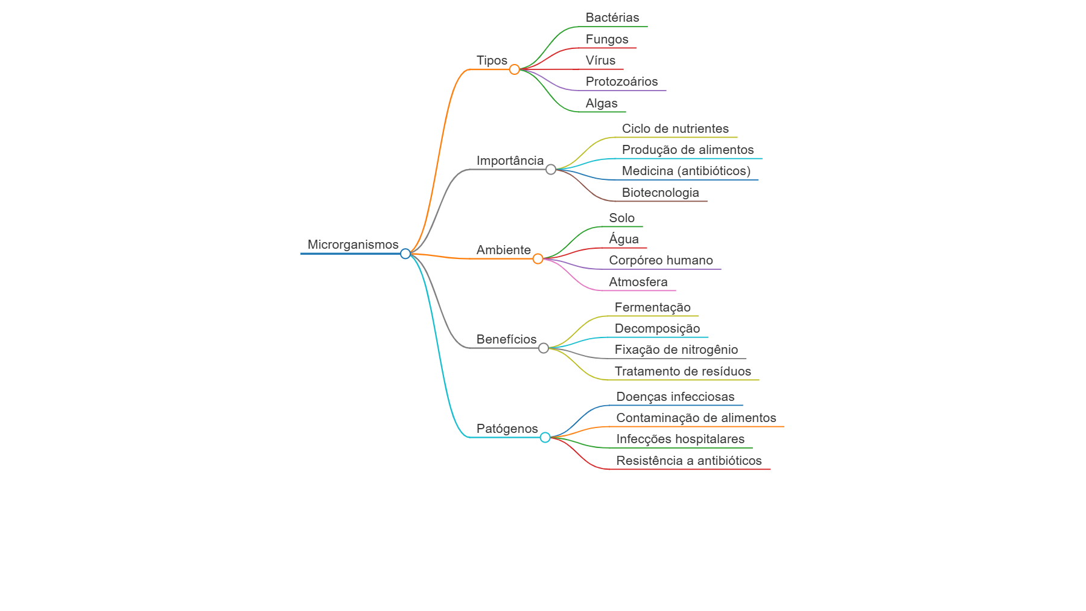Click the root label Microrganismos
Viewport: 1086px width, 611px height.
(x=353, y=245)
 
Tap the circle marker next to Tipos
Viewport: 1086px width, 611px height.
(x=515, y=69)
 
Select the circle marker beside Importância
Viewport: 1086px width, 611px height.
(x=551, y=170)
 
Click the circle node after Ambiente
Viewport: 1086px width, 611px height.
(x=538, y=259)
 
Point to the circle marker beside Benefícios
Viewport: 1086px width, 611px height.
(x=544, y=348)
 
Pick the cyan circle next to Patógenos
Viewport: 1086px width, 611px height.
(x=545, y=438)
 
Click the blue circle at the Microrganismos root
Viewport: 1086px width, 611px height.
(x=405, y=254)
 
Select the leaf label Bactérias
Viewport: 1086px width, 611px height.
(x=612, y=18)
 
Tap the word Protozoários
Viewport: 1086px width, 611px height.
(x=621, y=82)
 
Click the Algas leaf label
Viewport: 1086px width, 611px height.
(x=602, y=103)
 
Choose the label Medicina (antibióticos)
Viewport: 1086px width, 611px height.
(x=686, y=171)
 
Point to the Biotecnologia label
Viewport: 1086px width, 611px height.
(x=661, y=193)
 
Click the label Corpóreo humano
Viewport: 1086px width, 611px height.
(x=661, y=260)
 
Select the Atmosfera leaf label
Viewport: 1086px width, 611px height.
(x=638, y=282)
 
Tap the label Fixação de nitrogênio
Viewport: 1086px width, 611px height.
(x=676, y=350)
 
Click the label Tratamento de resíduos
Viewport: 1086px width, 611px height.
(x=683, y=371)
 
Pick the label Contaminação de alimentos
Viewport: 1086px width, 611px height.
(x=696, y=418)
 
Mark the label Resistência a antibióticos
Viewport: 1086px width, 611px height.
(x=689, y=461)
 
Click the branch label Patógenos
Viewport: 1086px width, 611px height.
(x=507, y=429)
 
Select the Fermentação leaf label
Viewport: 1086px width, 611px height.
(x=653, y=307)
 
